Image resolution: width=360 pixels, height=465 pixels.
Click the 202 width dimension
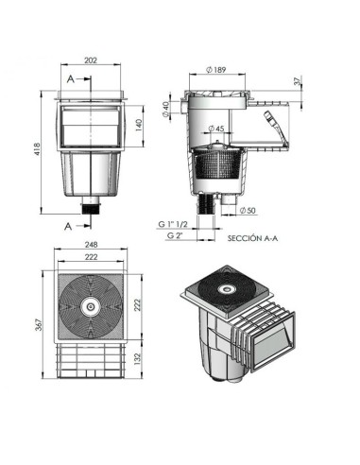click(x=91, y=60)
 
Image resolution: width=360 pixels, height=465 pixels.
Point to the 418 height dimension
click(x=37, y=149)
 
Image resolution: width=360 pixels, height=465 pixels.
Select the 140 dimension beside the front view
click(x=139, y=126)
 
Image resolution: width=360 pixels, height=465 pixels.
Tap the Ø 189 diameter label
click(x=216, y=70)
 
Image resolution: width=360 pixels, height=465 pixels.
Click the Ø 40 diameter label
click(x=166, y=110)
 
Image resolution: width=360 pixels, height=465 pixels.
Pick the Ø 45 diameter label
click(x=216, y=129)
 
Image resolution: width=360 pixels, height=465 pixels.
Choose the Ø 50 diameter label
click(x=248, y=211)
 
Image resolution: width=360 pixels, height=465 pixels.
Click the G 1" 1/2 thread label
click(x=173, y=224)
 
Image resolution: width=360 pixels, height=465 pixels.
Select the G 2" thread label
click(x=175, y=235)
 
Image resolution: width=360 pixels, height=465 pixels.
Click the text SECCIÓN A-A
click(x=252, y=238)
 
